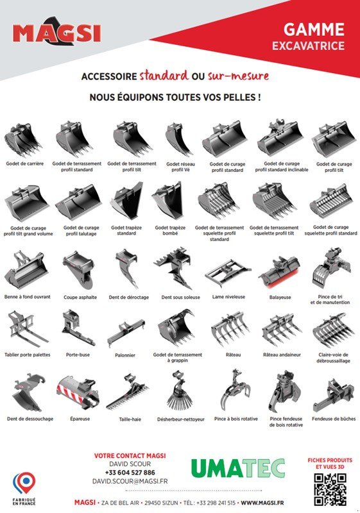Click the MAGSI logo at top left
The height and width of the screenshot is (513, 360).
57,32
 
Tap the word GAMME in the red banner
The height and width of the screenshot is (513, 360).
314,29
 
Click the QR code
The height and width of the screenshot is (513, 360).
330,489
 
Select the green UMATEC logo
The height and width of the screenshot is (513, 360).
238,468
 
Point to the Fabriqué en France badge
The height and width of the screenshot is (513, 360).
24,488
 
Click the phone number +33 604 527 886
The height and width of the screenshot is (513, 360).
130,473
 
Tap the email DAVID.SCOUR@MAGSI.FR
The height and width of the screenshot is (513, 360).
130,481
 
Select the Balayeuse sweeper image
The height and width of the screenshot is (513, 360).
280,272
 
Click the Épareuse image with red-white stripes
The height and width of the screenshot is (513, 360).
78,392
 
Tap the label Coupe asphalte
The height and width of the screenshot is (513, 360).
80,298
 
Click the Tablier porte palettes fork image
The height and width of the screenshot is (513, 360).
28,329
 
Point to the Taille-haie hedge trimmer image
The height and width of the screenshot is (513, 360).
128,392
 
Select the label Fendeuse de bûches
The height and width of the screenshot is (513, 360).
334,419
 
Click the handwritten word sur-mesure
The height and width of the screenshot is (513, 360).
238,76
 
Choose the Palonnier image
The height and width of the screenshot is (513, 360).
125,333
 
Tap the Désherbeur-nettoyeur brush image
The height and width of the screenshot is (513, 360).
179,391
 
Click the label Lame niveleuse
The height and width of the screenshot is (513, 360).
228,297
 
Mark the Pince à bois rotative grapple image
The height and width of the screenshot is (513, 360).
236,391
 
